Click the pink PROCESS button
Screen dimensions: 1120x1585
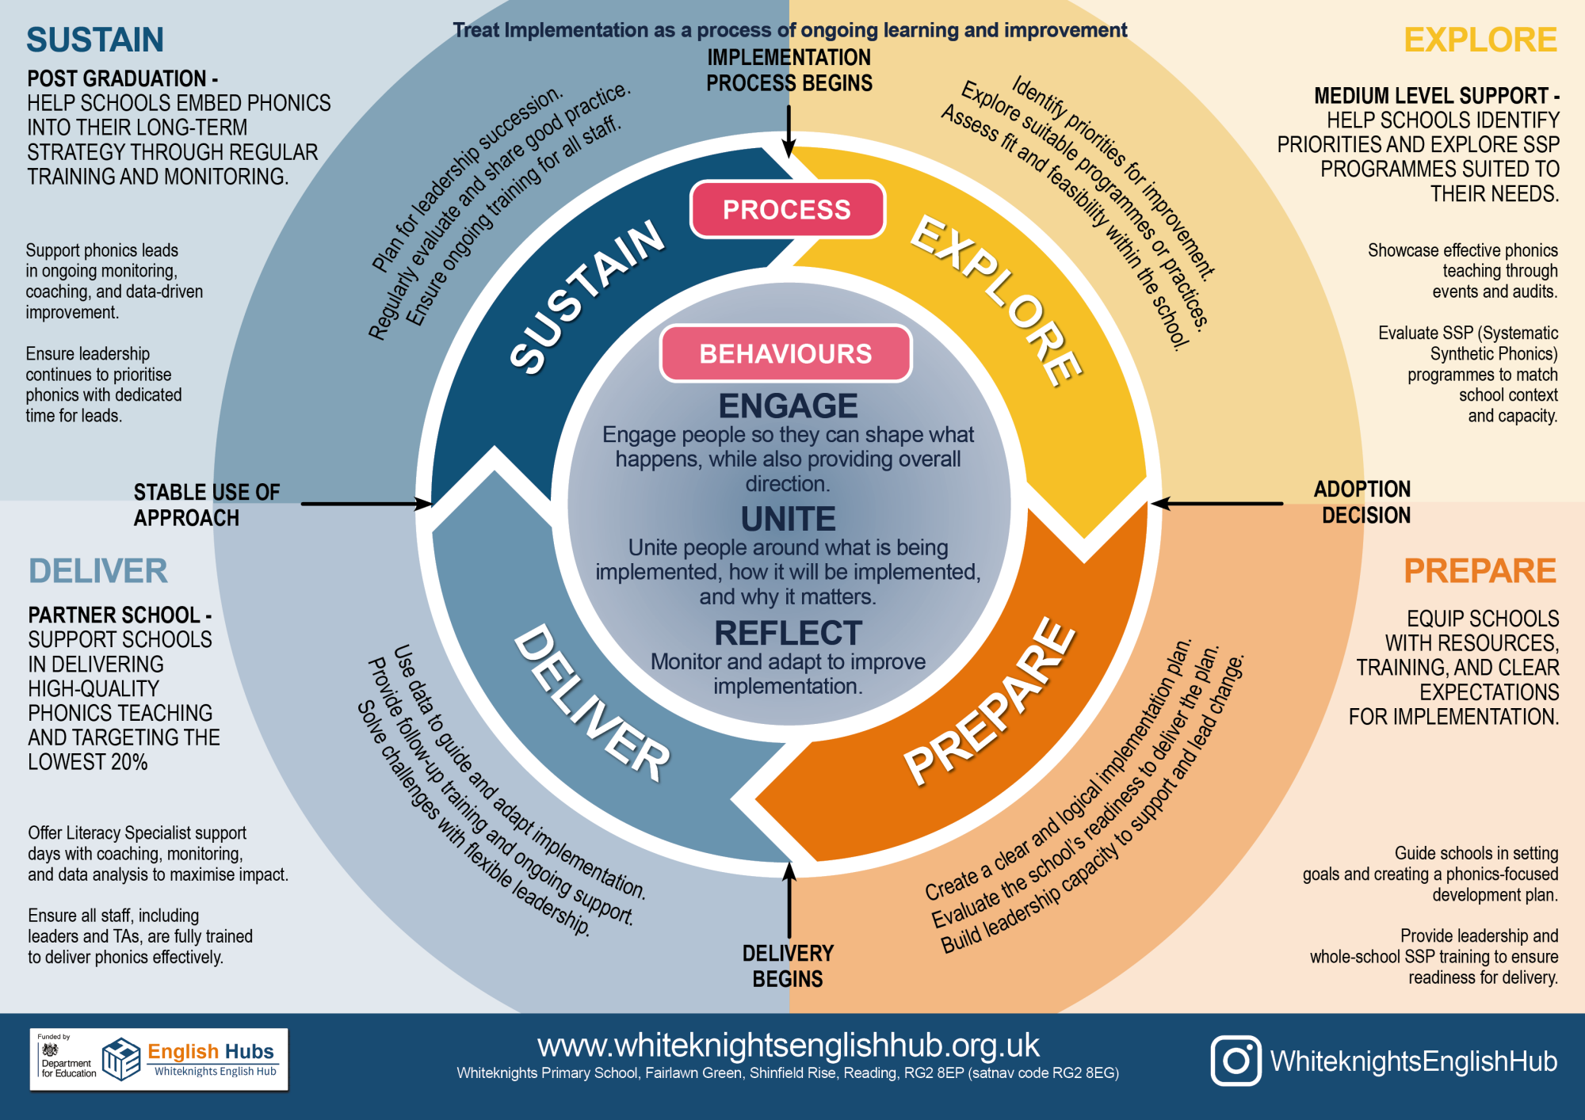point(787,210)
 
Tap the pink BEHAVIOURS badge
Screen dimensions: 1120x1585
point(785,353)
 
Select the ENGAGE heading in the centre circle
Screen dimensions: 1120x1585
point(788,406)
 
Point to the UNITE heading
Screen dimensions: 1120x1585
point(788,520)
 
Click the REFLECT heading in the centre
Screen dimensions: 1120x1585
point(788,634)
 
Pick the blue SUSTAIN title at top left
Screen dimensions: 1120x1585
point(95,40)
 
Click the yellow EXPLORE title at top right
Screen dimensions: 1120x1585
point(1480,40)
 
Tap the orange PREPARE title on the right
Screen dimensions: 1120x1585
point(1480,571)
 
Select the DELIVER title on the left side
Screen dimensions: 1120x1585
point(98,571)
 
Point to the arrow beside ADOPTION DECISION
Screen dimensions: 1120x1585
point(1216,503)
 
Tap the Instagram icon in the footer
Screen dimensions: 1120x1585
point(1236,1061)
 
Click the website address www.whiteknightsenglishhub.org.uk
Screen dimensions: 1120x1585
point(788,1046)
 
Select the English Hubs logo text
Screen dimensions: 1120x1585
point(210,1052)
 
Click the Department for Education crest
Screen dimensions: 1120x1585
point(51,1050)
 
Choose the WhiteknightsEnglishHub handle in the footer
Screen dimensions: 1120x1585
point(1414,1061)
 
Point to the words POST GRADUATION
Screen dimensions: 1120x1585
point(117,78)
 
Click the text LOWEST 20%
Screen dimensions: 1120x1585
point(88,762)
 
